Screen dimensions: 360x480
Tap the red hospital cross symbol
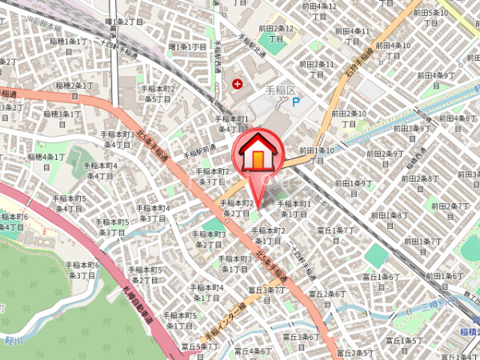click(237, 83)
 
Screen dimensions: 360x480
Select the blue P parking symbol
click(295, 102)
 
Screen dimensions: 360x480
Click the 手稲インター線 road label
click(224, 320)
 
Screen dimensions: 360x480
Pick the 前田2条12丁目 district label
click(277, 34)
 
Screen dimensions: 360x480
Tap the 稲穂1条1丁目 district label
click(66, 41)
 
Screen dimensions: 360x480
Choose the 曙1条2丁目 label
click(124, 22)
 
